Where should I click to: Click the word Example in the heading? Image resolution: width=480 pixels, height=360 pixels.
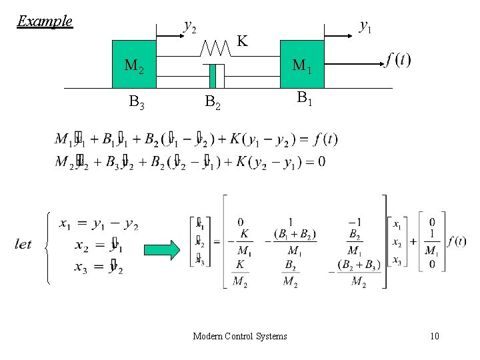[45, 21]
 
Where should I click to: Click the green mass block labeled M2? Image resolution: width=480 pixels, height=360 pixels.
[133, 64]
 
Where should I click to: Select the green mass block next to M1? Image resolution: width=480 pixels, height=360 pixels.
[301, 65]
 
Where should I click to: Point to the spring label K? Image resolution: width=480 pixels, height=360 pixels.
[243, 41]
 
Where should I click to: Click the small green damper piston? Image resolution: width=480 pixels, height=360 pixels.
[213, 76]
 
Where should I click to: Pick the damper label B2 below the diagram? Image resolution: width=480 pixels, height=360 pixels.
[213, 103]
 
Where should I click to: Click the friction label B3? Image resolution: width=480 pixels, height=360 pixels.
[137, 103]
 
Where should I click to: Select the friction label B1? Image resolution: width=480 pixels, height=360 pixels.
[305, 99]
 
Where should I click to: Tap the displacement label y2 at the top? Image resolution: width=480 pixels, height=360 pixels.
[189, 27]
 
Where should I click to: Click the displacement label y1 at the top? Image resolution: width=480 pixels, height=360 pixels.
[365, 26]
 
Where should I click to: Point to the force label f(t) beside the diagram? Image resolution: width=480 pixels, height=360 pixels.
[398, 60]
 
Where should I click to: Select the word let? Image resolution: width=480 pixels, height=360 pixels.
[23, 244]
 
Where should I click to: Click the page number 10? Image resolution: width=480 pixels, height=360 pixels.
[435, 336]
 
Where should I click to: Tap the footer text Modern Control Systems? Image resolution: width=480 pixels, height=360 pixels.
[239, 336]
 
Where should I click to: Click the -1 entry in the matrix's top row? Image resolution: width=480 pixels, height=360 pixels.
[357, 222]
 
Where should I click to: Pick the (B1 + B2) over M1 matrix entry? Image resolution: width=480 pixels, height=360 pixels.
[294, 243]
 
